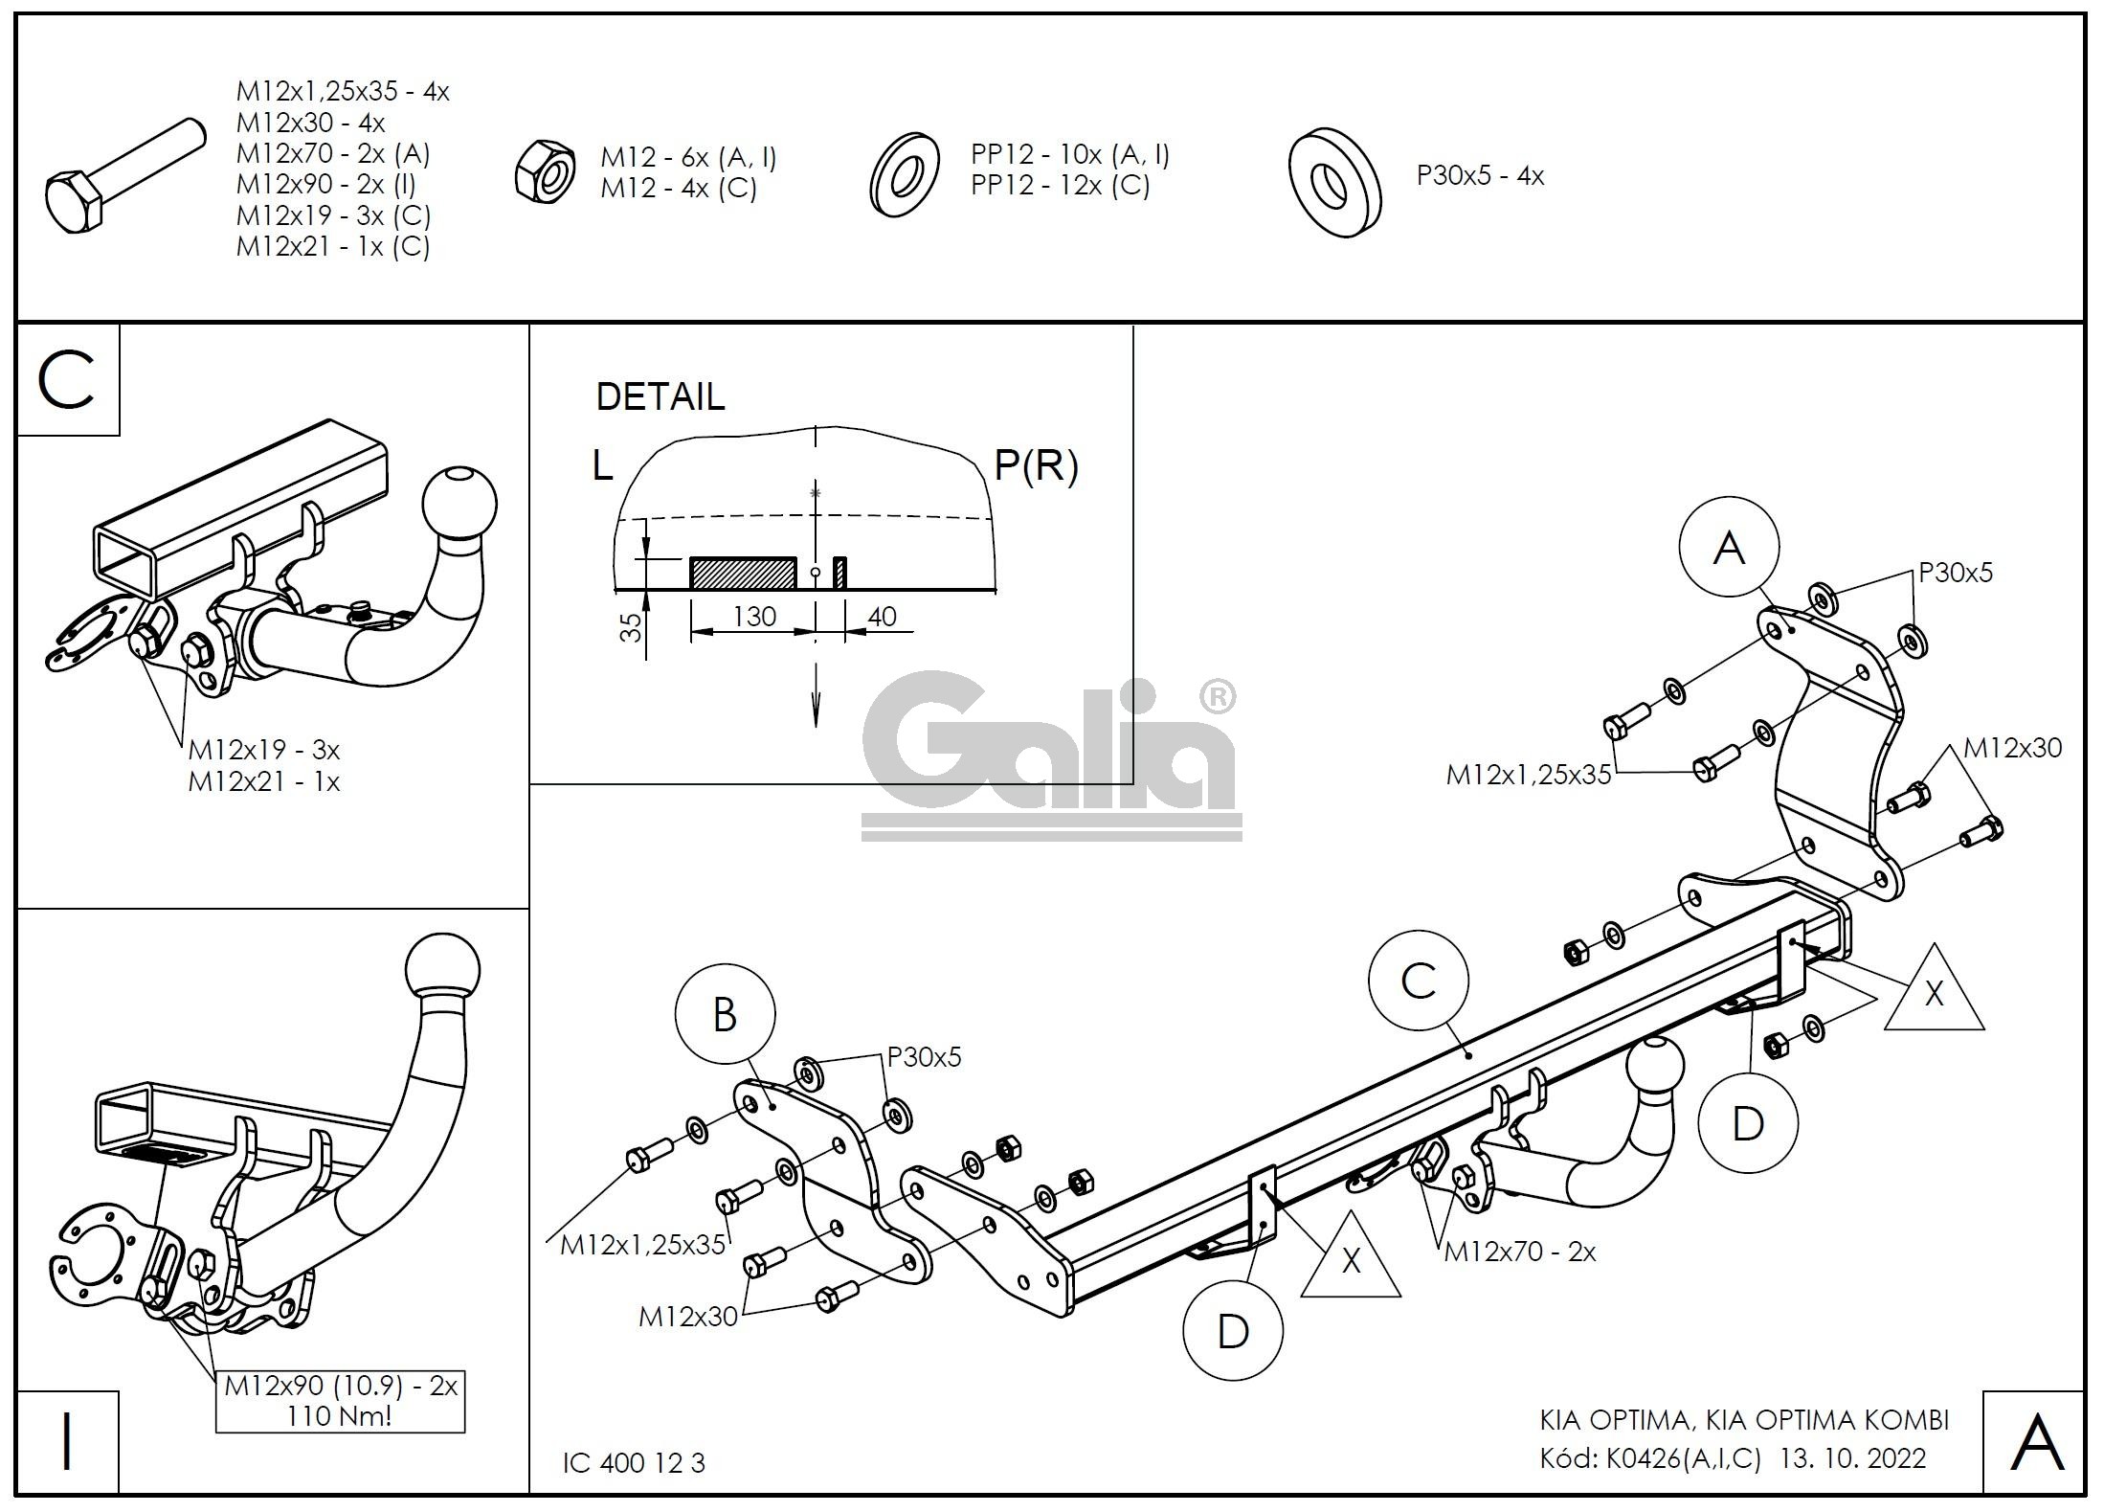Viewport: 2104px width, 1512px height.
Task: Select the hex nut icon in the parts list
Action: [x=544, y=173]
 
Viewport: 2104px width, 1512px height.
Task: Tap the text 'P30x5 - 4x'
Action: [x=1480, y=176]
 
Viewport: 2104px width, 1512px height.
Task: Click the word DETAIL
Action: [x=660, y=396]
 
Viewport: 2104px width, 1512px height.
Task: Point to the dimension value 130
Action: [x=754, y=617]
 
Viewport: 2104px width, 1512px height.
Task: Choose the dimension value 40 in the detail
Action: [x=881, y=617]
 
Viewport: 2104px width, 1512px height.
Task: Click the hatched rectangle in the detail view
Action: [x=743, y=573]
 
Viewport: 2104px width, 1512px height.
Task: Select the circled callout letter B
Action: [x=725, y=1015]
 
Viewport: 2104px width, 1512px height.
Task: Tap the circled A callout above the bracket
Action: [x=1729, y=548]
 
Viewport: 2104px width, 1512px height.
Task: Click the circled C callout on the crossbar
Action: [x=1418, y=981]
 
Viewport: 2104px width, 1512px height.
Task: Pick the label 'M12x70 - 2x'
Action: [x=1520, y=1252]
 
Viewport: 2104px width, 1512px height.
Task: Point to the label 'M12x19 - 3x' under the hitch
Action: [x=264, y=749]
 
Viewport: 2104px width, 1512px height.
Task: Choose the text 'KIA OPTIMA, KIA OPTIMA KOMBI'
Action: [x=1744, y=1419]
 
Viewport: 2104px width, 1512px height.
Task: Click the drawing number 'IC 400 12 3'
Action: [x=634, y=1463]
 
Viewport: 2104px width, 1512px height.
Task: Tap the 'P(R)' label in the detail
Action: [x=1036, y=466]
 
